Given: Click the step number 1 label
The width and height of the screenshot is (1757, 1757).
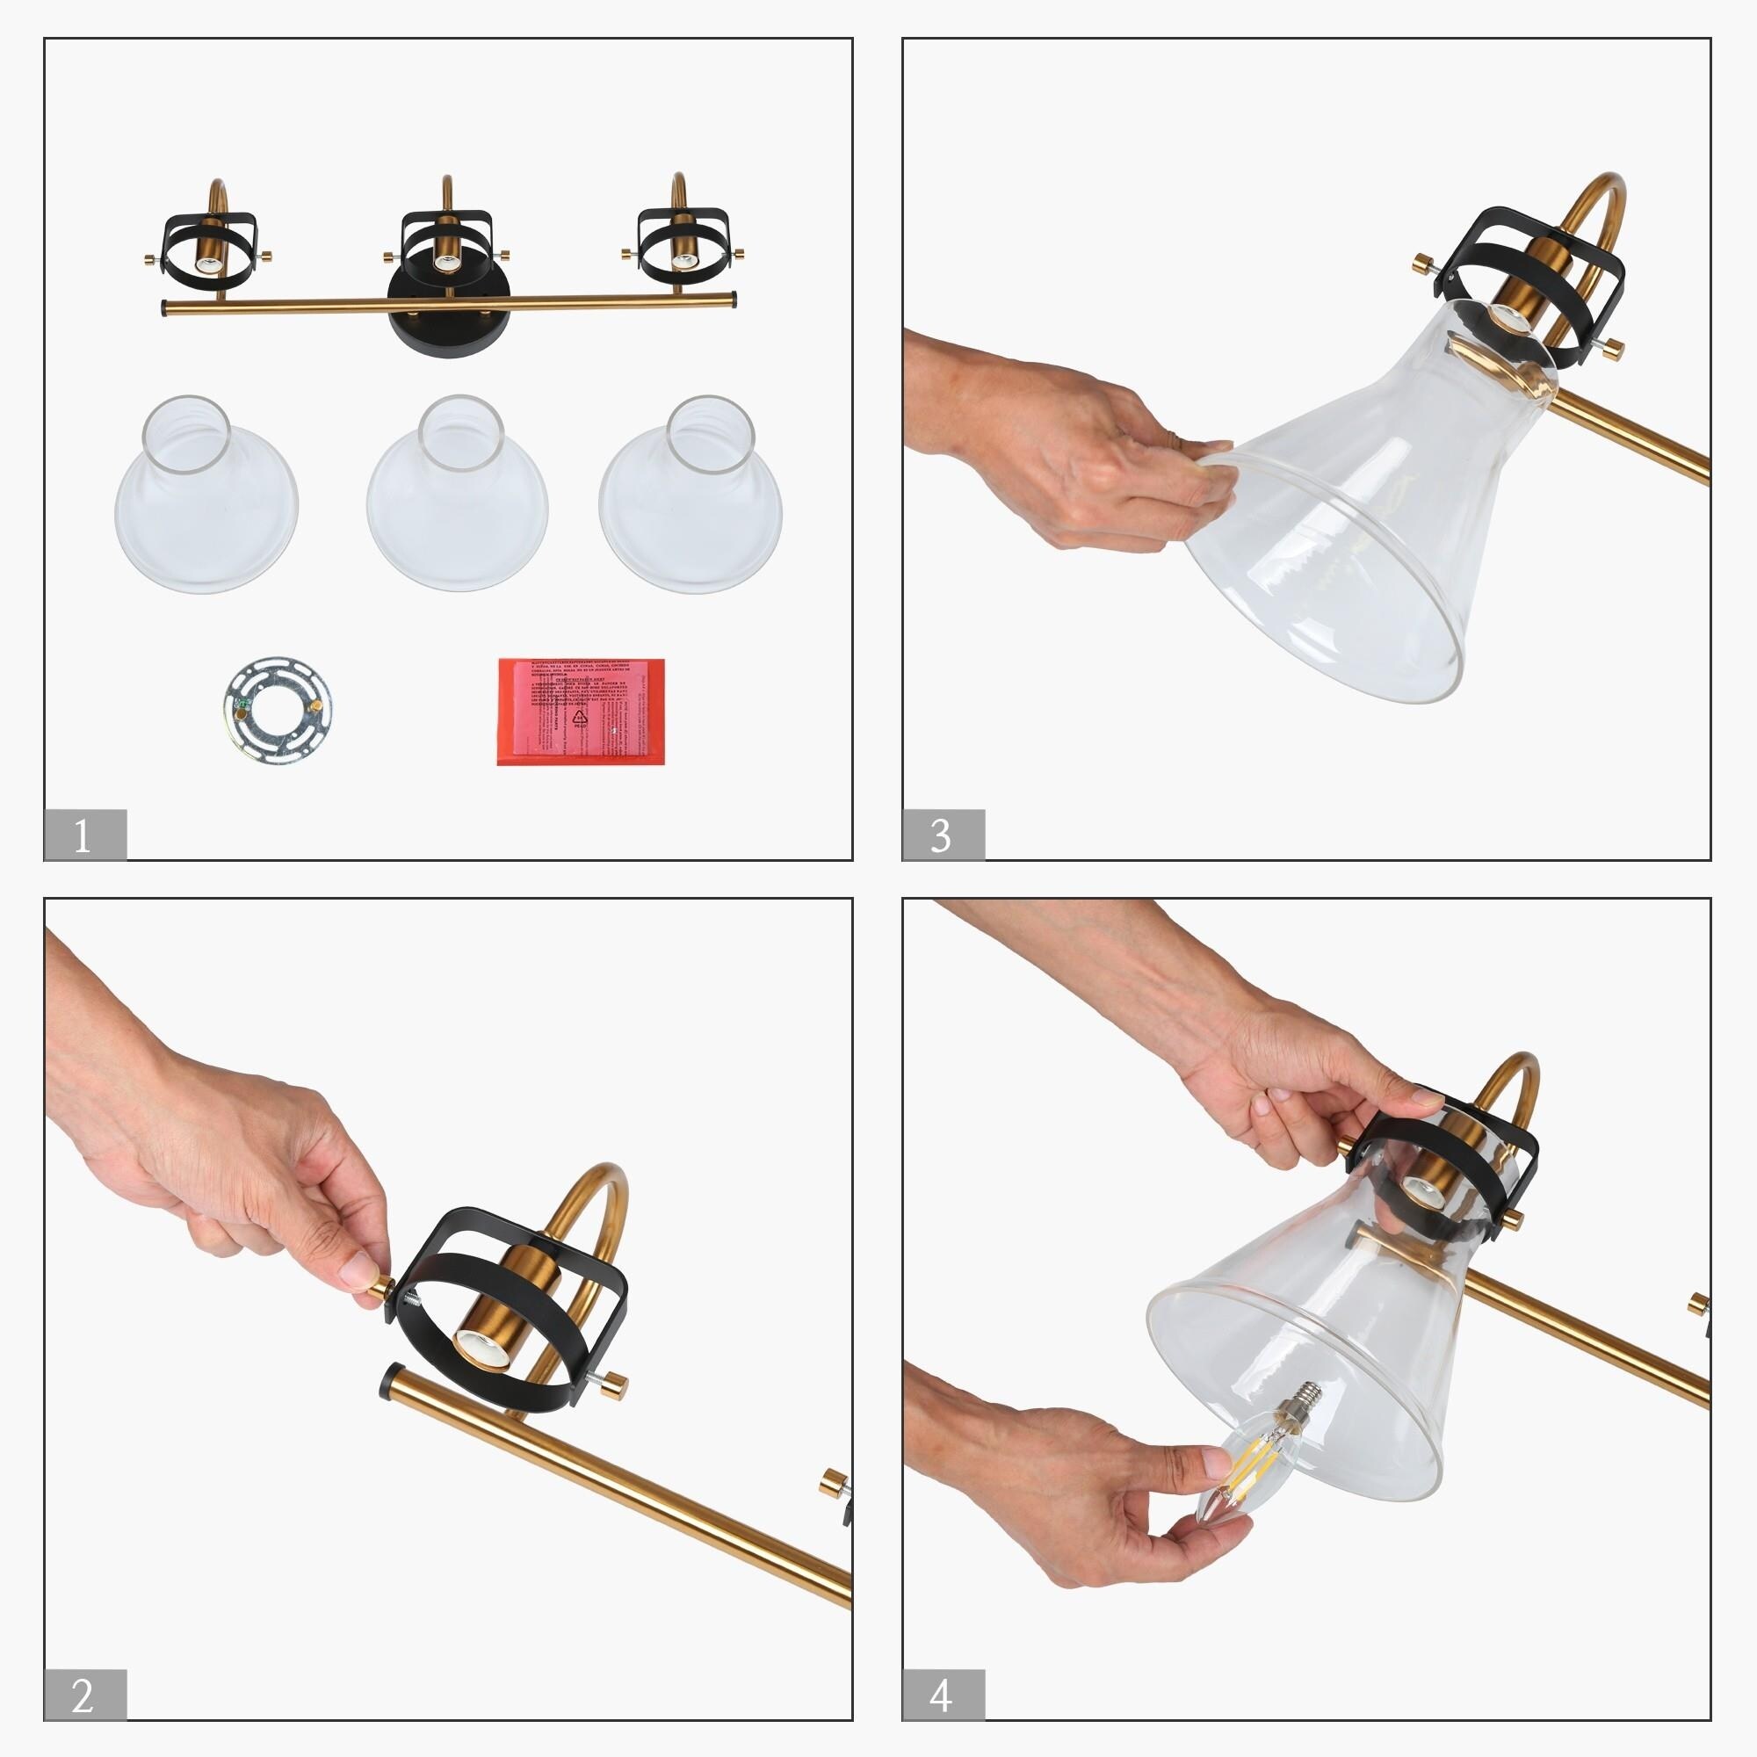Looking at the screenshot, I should pyautogui.click(x=84, y=834).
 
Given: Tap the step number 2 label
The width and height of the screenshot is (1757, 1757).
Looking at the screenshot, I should pyautogui.click(x=84, y=1695).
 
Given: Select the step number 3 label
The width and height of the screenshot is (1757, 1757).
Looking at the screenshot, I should pyautogui.click(x=942, y=834).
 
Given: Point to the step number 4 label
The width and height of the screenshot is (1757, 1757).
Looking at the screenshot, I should pyautogui.click(x=942, y=1695).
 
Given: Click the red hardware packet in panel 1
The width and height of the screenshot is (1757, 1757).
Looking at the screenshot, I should pyautogui.click(x=581, y=712).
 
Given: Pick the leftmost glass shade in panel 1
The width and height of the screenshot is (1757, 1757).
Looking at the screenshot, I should pyautogui.click(x=206, y=495).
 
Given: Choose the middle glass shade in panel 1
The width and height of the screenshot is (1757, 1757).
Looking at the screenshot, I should pyautogui.click(x=458, y=495).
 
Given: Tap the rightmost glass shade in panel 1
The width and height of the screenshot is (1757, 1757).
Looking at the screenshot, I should pyautogui.click(x=691, y=495).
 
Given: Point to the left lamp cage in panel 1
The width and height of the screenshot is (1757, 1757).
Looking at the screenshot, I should pyautogui.click(x=208, y=248).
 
